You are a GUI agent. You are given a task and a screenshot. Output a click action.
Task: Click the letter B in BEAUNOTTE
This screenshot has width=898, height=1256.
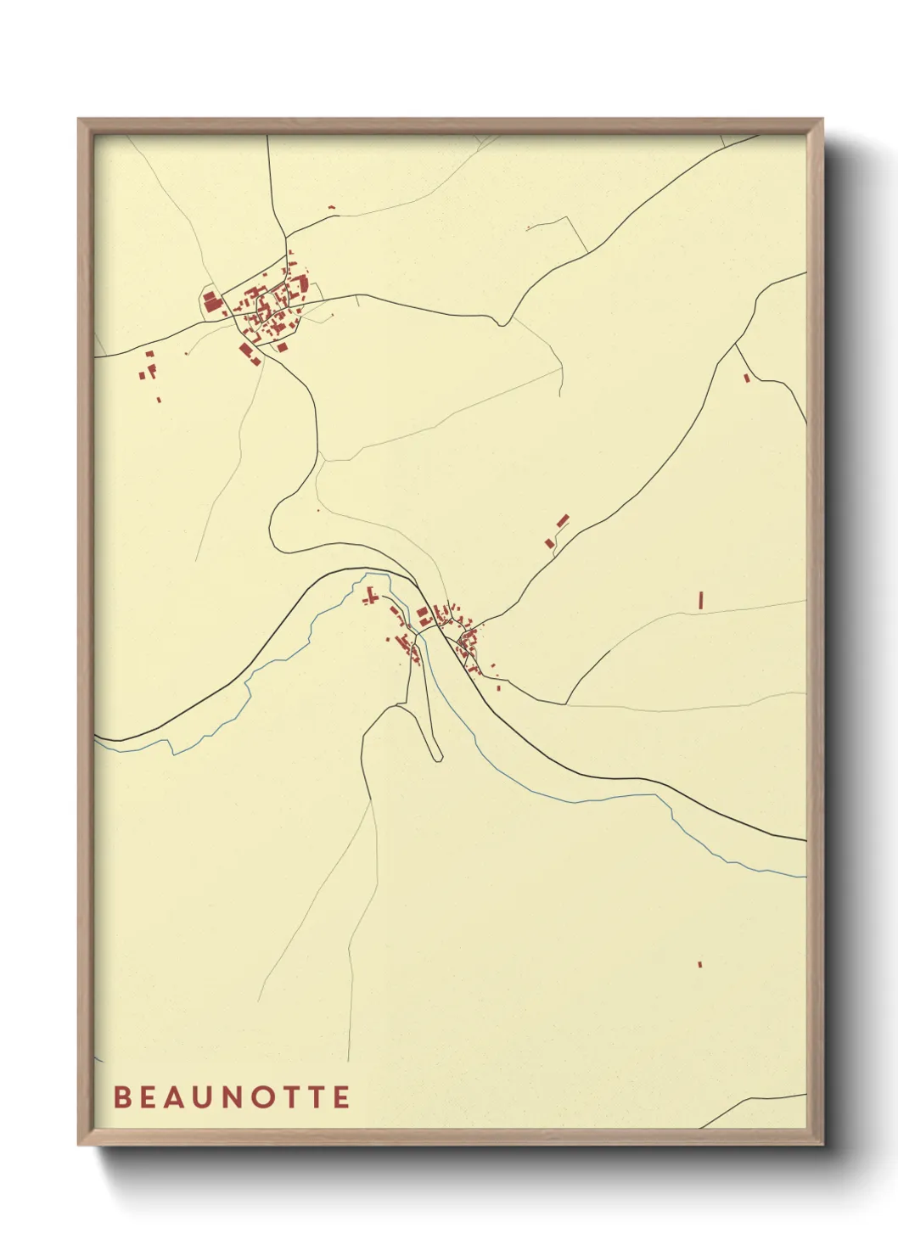tap(121, 1097)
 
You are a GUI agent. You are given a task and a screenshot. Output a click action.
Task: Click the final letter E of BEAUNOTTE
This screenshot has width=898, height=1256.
tap(342, 1097)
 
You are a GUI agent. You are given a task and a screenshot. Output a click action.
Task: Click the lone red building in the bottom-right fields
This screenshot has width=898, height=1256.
tap(699, 964)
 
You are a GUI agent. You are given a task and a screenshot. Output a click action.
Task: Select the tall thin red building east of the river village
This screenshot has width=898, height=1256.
tap(700, 600)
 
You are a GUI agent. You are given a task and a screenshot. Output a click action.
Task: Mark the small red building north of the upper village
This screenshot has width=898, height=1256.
tap(332, 207)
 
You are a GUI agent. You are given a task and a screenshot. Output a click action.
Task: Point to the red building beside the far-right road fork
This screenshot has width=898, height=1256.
tap(746, 378)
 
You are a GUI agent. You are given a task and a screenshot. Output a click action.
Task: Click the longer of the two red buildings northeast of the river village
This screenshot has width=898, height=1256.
tap(562, 520)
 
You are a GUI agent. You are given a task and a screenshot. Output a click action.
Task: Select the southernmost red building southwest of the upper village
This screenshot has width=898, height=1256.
tap(159, 399)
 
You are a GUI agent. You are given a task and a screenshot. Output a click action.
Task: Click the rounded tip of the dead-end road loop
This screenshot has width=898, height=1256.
tap(438, 758)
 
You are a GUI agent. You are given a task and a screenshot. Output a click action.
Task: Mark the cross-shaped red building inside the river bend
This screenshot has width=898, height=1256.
tap(369, 597)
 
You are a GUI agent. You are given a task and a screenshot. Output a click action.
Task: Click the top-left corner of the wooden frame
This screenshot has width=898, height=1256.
tap(79, 120)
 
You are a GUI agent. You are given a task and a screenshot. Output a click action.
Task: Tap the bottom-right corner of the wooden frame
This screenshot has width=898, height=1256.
tap(822, 1144)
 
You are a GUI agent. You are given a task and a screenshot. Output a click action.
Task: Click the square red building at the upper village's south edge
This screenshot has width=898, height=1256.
tap(282, 347)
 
